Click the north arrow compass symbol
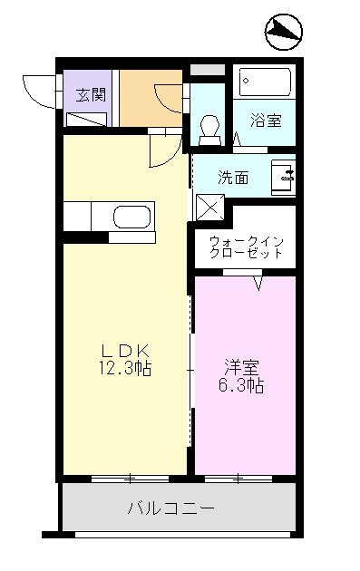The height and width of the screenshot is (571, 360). (284, 32)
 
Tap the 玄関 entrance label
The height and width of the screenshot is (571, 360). (91, 95)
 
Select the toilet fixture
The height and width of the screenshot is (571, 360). (209, 131)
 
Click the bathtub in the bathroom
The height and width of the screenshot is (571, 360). (265, 82)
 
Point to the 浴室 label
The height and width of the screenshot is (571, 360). (266, 121)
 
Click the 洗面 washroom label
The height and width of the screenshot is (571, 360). (233, 178)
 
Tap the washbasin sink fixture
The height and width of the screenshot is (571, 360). (283, 178)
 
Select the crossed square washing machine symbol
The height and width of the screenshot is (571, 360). (210, 208)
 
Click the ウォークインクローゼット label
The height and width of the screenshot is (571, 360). (247, 247)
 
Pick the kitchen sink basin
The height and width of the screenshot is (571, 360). (131, 218)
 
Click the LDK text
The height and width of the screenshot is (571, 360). (125, 351)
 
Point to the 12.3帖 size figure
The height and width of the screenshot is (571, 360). (125, 368)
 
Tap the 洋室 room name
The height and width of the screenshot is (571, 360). (241, 368)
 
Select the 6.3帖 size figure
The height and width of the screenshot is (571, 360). (241, 385)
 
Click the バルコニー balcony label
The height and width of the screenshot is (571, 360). (170, 508)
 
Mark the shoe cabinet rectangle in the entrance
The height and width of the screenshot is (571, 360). (86, 119)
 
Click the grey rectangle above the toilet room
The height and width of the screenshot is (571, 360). (208, 70)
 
